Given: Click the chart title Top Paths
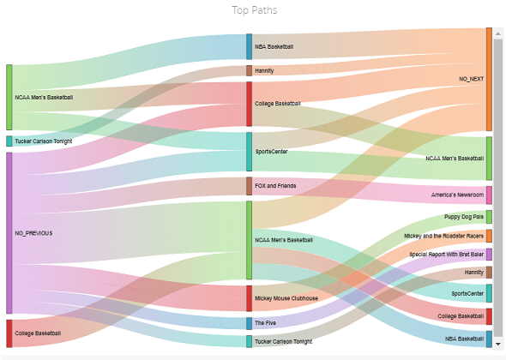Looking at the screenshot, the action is (x=255, y=10).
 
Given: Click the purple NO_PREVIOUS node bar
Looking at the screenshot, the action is (x=9, y=233).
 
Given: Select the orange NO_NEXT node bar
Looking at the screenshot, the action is (x=489, y=80).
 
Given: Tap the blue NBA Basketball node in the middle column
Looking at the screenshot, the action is (x=249, y=47).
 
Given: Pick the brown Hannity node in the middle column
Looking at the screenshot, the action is (x=249, y=70).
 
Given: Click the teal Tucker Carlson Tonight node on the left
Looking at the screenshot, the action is (x=9, y=141).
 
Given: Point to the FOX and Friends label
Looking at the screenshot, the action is (x=275, y=186).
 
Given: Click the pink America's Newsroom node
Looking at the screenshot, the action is (x=489, y=195).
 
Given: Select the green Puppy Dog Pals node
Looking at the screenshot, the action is (x=489, y=217).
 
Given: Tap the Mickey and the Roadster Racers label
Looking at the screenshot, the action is (x=443, y=236).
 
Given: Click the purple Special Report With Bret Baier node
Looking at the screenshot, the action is (x=489, y=255).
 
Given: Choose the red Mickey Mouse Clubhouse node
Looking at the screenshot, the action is (x=249, y=298).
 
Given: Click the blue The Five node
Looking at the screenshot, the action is (x=249, y=323).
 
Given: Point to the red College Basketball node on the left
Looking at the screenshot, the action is (x=9, y=333).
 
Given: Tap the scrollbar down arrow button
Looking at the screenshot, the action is (x=498, y=344).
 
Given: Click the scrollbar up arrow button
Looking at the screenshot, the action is (x=498, y=33).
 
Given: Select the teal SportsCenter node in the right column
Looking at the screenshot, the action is (x=489, y=293).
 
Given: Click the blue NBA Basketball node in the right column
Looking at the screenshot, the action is (x=489, y=339).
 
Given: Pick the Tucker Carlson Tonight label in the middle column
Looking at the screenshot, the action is (x=283, y=342).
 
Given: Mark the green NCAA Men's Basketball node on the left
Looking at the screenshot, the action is (x=9, y=97).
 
